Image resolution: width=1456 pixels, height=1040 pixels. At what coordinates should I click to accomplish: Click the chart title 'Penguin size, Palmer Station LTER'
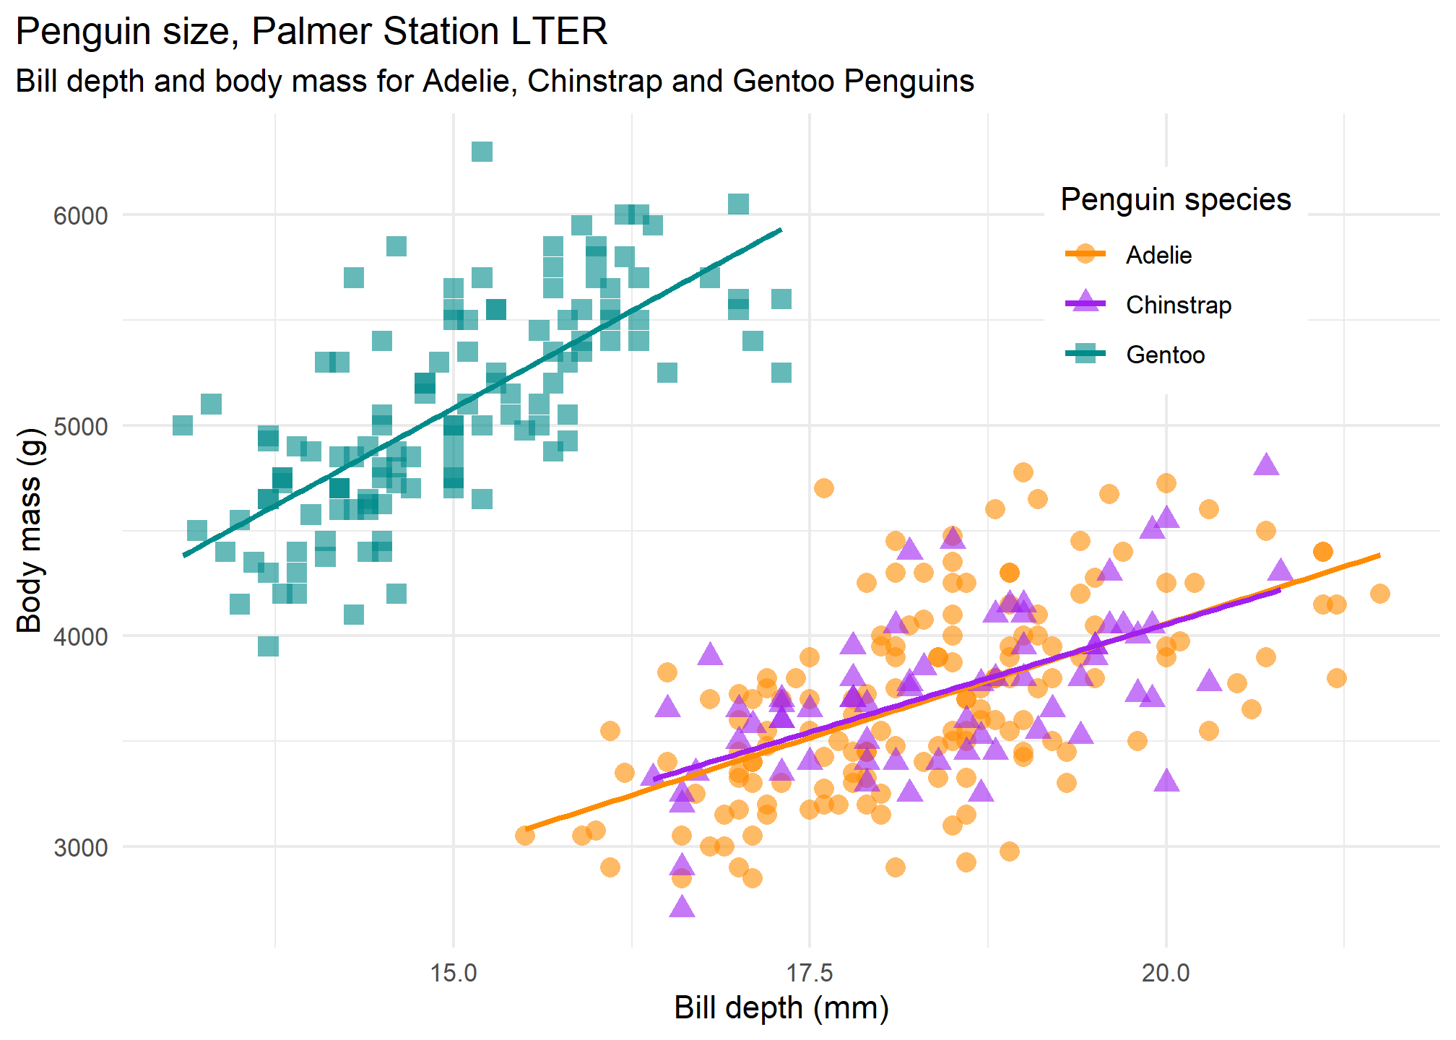311,32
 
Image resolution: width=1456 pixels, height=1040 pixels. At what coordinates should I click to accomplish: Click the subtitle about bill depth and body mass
495,81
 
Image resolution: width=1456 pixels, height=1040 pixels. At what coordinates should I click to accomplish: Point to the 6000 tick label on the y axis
80,215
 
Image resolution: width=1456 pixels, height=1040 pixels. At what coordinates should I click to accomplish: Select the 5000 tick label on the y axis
80,426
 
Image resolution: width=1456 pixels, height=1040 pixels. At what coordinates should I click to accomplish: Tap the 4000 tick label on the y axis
80,636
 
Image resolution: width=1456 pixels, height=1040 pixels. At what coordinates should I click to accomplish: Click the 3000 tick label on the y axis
80,847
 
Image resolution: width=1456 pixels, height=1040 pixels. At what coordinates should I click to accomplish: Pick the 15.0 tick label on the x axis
454,973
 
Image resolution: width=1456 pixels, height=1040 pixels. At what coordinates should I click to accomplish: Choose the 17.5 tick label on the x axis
810,973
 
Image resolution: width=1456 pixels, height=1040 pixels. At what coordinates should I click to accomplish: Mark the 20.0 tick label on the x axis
1166,973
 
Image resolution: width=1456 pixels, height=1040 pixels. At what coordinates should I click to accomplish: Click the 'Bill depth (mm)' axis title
781,1008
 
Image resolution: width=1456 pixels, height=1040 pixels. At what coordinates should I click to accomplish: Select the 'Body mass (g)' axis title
30,530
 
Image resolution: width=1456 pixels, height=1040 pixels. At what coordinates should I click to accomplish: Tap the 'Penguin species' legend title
1175,199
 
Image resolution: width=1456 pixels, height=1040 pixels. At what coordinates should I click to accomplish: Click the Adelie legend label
1158,255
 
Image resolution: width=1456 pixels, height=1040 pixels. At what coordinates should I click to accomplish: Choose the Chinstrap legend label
1179,305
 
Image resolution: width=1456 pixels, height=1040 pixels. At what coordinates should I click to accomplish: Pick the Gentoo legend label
1165,355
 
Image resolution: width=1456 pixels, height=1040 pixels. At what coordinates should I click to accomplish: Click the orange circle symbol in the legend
1085,253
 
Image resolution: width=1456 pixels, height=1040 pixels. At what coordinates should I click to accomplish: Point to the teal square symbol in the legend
1085,354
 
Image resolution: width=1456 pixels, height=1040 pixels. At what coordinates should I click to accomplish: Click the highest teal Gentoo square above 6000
482,152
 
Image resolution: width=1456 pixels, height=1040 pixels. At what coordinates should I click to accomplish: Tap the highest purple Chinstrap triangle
1266,465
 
